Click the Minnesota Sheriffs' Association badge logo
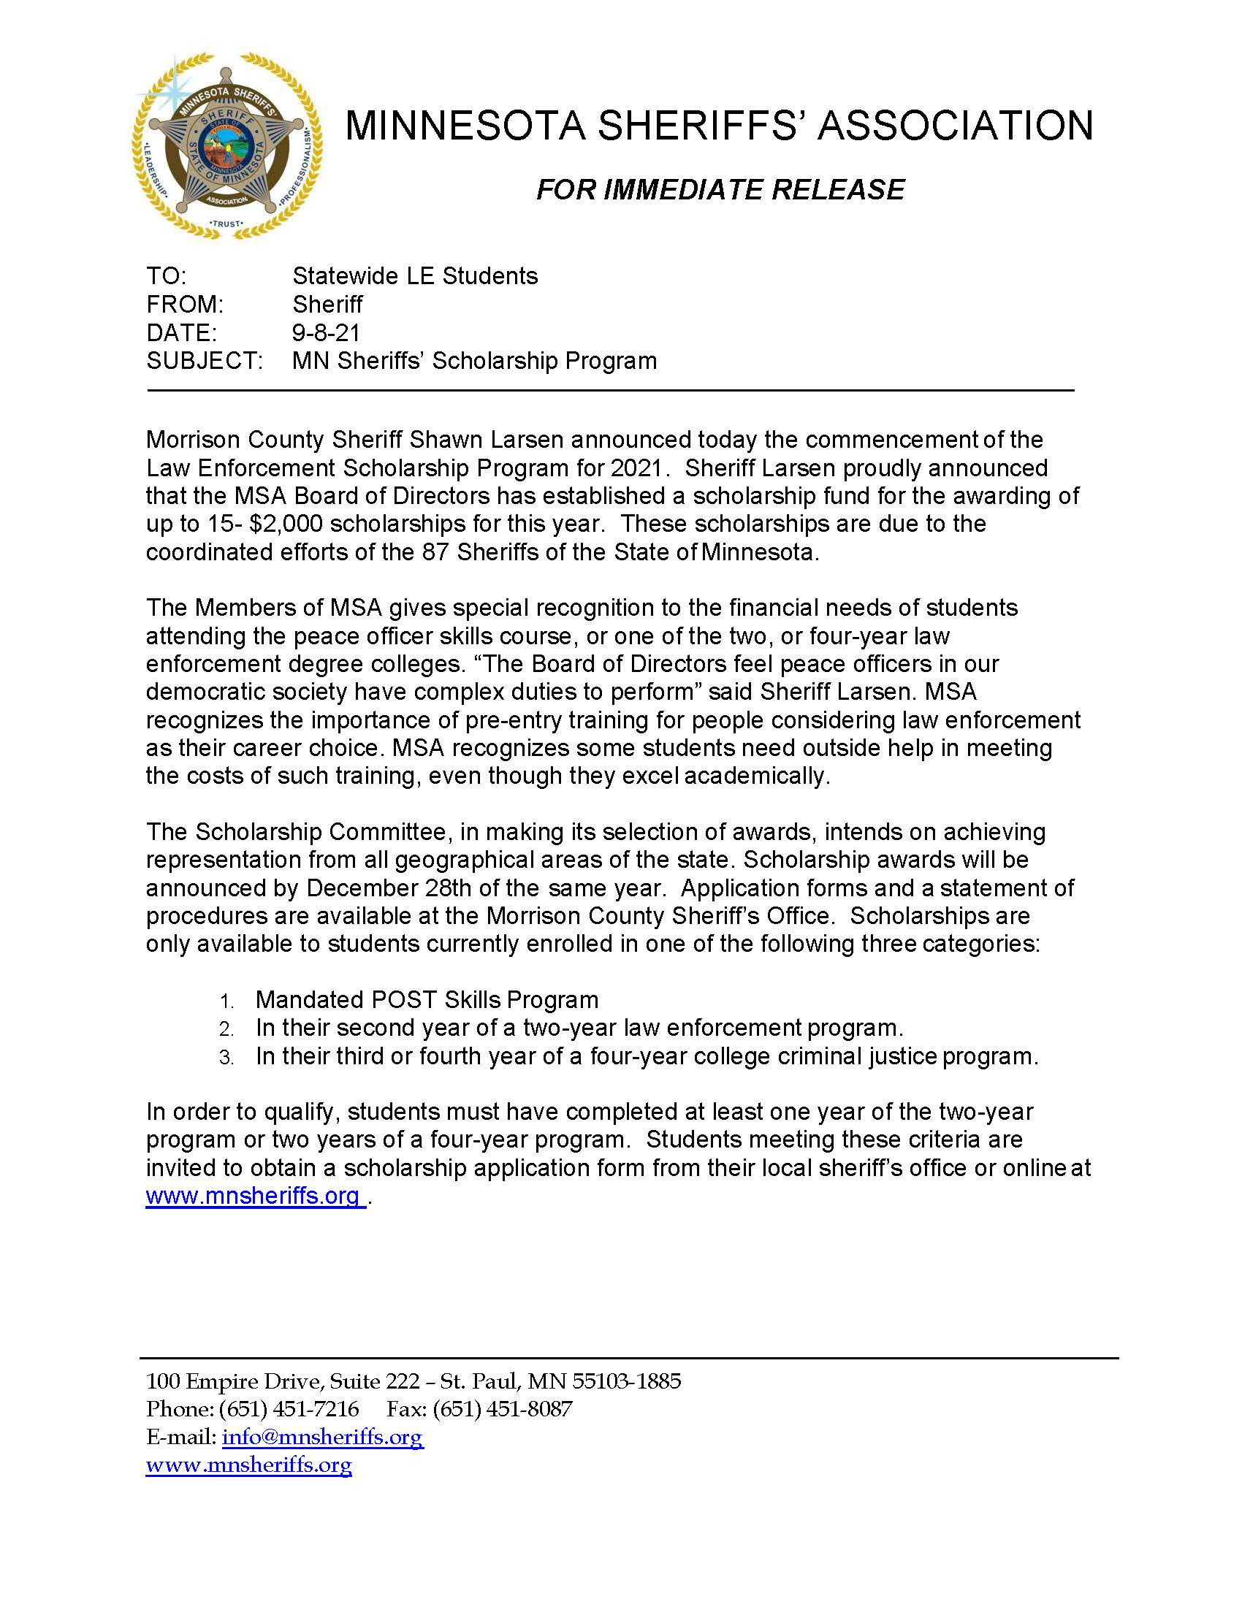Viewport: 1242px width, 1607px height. pyautogui.click(x=226, y=145)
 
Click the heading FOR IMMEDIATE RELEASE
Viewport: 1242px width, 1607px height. pyautogui.click(x=720, y=190)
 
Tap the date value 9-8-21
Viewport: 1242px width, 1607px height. pyautogui.click(x=326, y=333)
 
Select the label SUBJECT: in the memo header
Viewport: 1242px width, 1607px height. pyautogui.click(x=205, y=362)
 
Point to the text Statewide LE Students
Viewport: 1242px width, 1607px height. pyautogui.click(x=415, y=277)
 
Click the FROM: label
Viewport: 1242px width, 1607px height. pyautogui.click(x=185, y=305)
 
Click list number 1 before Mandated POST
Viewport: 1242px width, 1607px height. pyautogui.click(x=226, y=1001)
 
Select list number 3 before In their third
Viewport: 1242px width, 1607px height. pyautogui.click(x=226, y=1058)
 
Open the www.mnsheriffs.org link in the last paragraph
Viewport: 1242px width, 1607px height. pyautogui.click(x=253, y=1196)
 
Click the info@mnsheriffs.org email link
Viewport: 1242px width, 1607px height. pyautogui.click(x=322, y=1437)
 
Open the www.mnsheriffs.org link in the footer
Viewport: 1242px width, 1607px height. pyautogui.click(x=248, y=1465)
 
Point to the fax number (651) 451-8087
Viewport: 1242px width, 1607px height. pyautogui.click(x=503, y=1409)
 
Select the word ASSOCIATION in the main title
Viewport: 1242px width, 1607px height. pyautogui.click(x=955, y=125)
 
